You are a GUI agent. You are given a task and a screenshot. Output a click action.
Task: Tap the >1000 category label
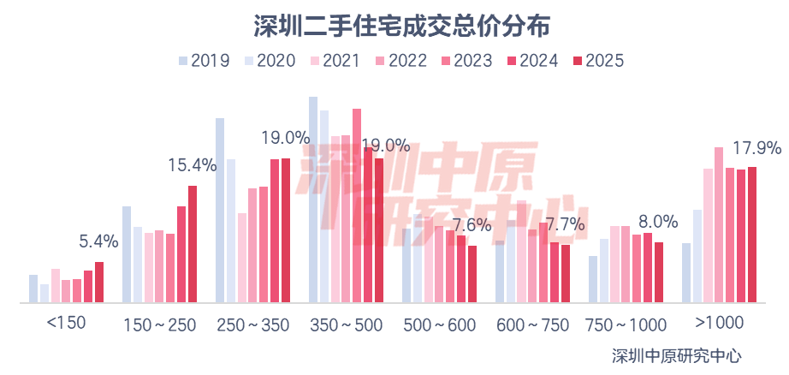click(720, 324)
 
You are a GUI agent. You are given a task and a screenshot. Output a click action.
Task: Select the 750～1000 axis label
click(626, 325)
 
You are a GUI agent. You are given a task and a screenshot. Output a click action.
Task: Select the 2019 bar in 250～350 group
click(220, 210)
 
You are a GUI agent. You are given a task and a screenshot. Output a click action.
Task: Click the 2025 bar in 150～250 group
click(193, 244)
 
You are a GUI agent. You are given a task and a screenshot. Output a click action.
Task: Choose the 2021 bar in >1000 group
click(709, 235)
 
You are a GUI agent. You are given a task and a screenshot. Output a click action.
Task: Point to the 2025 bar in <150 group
click(99, 282)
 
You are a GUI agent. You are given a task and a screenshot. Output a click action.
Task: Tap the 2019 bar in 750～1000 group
click(592, 279)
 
